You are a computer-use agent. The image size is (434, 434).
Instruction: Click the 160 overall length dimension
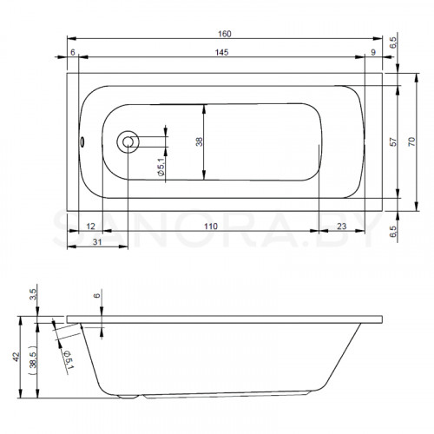[x=225, y=34]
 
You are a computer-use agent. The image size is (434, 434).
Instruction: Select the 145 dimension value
[x=221, y=52]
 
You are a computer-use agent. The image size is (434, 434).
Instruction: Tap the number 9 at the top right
[x=373, y=52]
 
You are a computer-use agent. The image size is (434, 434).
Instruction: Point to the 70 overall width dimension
[x=411, y=141]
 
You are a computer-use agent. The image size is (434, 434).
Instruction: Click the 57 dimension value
[x=393, y=141]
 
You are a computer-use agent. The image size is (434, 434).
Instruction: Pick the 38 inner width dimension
[x=199, y=141]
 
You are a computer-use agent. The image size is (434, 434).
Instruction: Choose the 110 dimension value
[x=211, y=227]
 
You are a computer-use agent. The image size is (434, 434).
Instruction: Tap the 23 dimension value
[x=341, y=227]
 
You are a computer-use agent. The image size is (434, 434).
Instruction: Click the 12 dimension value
[x=90, y=227]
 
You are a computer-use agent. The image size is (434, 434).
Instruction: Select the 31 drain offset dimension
[x=97, y=241]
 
